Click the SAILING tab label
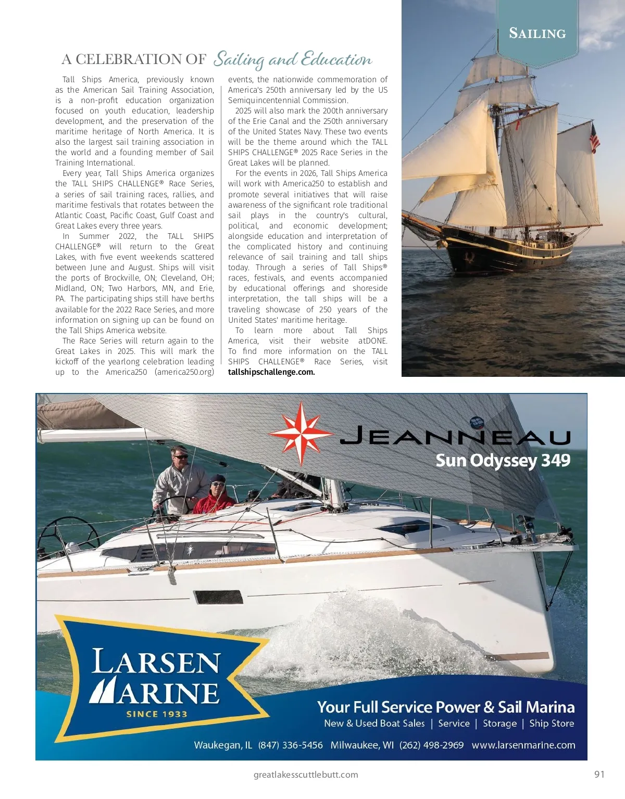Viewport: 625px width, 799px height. pos(537,34)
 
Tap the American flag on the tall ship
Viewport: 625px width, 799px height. pos(594,138)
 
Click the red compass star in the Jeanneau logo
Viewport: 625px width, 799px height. pos(301,433)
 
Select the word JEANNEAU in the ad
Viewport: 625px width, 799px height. pos(455,436)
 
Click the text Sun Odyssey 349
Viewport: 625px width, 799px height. pos(503,461)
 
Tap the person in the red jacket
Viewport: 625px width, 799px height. pos(215,496)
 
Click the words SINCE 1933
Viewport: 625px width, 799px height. pos(156,714)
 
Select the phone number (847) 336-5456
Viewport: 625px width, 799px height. pos(290,745)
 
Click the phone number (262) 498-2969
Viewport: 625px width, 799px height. pos(431,745)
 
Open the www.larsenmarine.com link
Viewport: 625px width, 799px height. pos(523,745)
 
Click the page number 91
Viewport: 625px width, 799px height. pos(599,774)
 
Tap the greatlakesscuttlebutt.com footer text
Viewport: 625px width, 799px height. pos(306,775)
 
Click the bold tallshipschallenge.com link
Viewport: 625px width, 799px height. pos(271,372)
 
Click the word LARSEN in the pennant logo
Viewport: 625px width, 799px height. pos(156,663)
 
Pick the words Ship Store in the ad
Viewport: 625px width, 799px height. pos(552,724)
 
